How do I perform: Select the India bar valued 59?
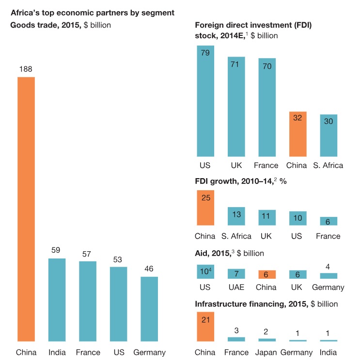click(57, 300)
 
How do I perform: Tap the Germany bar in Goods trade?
click(149, 309)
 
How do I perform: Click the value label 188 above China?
click(26, 69)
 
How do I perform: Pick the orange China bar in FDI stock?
click(297, 134)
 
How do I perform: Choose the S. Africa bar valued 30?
click(328, 135)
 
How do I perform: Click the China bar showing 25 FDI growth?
click(205, 208)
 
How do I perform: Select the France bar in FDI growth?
click(328, 221)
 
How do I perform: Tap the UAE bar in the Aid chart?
click(236, 274)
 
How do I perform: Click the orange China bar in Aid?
click(266, 274)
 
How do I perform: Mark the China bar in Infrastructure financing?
click(205, 327)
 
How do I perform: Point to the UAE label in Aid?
click(236, 287)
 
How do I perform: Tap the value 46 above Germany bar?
click(149, 269)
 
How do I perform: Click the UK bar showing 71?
click(236, 106)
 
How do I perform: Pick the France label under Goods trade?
click(88, 352)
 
